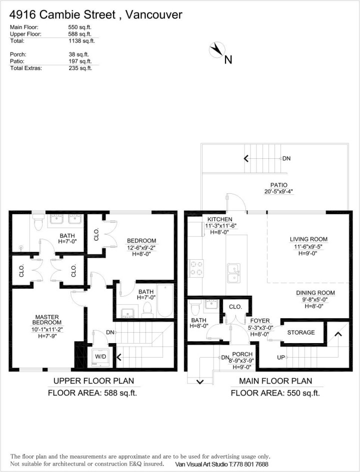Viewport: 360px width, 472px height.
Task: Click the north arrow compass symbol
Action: pos(217,50)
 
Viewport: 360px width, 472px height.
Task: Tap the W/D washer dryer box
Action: pos(101,357)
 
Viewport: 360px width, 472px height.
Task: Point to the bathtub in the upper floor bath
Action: pos(164,301)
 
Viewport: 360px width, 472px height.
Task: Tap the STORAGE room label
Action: pos(301,333)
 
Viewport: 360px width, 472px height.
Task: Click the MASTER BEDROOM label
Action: pos(47,320)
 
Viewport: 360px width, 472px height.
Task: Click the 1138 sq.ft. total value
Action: pos(81,41)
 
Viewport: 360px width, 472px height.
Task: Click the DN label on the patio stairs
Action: pos(286,158)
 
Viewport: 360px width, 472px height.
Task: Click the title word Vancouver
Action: pos(153,15)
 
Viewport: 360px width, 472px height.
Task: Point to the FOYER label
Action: pos(259,321)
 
